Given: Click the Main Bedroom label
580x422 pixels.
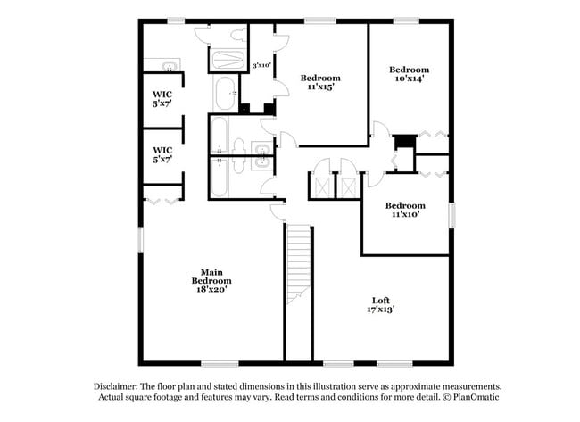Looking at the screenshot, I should point(211,281).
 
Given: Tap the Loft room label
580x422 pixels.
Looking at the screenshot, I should point(382,304).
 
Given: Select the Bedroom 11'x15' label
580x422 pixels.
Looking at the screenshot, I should point(319,83).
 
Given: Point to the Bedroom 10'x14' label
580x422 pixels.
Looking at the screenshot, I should point(409,74).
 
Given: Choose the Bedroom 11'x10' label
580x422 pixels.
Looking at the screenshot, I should point(405,209).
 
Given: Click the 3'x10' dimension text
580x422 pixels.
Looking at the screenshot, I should point(261,65).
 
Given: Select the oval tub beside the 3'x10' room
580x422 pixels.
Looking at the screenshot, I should point(224,93).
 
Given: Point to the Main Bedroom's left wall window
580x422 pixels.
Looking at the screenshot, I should point(139,240).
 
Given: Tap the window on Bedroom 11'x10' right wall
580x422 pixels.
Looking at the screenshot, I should point(452,215).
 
